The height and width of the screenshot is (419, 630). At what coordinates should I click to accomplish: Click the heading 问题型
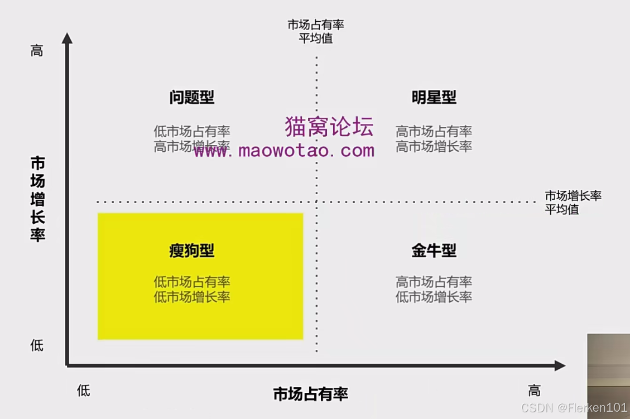click(191, 98)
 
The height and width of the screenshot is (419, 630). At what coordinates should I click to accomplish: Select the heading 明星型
click(434, 98)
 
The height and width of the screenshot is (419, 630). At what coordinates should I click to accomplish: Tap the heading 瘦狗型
click(191, 251)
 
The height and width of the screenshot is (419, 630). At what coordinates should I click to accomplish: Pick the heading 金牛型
click(434, 251)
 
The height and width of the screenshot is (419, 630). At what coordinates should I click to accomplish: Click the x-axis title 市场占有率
click(310, 394)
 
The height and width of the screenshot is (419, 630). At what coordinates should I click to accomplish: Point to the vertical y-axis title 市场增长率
click(38, 199)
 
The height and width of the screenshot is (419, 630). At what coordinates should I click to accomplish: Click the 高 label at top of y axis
click(37, 51)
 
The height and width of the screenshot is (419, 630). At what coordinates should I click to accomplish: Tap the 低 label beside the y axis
click(37, 346)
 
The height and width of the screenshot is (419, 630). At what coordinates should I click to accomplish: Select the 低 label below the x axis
click(83, 391)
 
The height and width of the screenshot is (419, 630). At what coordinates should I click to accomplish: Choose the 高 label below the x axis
click(534, 391)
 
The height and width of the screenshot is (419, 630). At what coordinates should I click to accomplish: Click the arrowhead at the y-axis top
click(67, 38)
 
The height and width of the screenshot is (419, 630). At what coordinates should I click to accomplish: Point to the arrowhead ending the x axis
click(560, 365)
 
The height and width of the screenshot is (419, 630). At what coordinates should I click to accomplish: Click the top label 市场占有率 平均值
click(316, 32)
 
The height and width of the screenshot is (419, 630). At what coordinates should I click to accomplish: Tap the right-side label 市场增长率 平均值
click(573, 203)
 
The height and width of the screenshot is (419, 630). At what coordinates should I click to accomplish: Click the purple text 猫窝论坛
click(329, 127)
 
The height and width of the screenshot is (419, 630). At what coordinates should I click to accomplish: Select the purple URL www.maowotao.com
click(284, 150)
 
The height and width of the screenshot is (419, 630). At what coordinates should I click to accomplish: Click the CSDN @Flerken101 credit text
click(573, 408)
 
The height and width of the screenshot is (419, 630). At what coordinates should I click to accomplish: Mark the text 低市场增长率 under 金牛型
click(434, 297)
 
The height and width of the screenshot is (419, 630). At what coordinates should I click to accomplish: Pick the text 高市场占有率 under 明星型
click(434, 132)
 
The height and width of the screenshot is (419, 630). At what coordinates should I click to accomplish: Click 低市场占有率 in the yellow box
click(191, 282)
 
